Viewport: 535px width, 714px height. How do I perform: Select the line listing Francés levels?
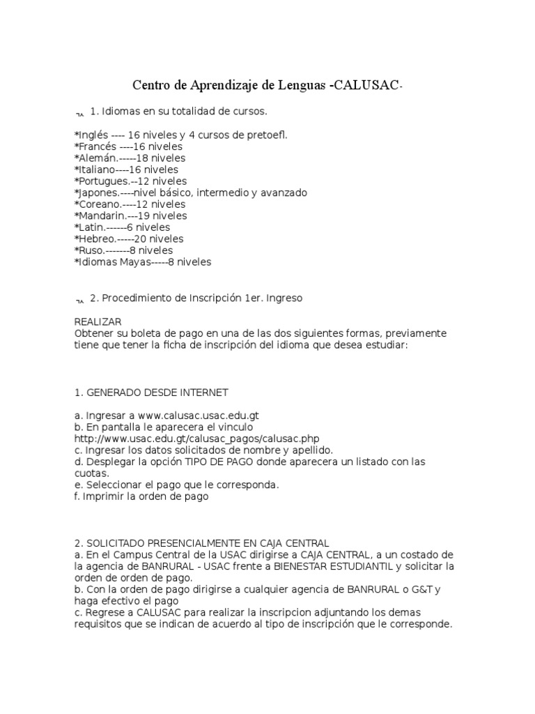click(x=128, y=146)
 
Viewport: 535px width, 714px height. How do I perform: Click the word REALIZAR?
click(x=98, y=321)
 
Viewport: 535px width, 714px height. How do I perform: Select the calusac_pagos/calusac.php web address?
click(x=196, y=439)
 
